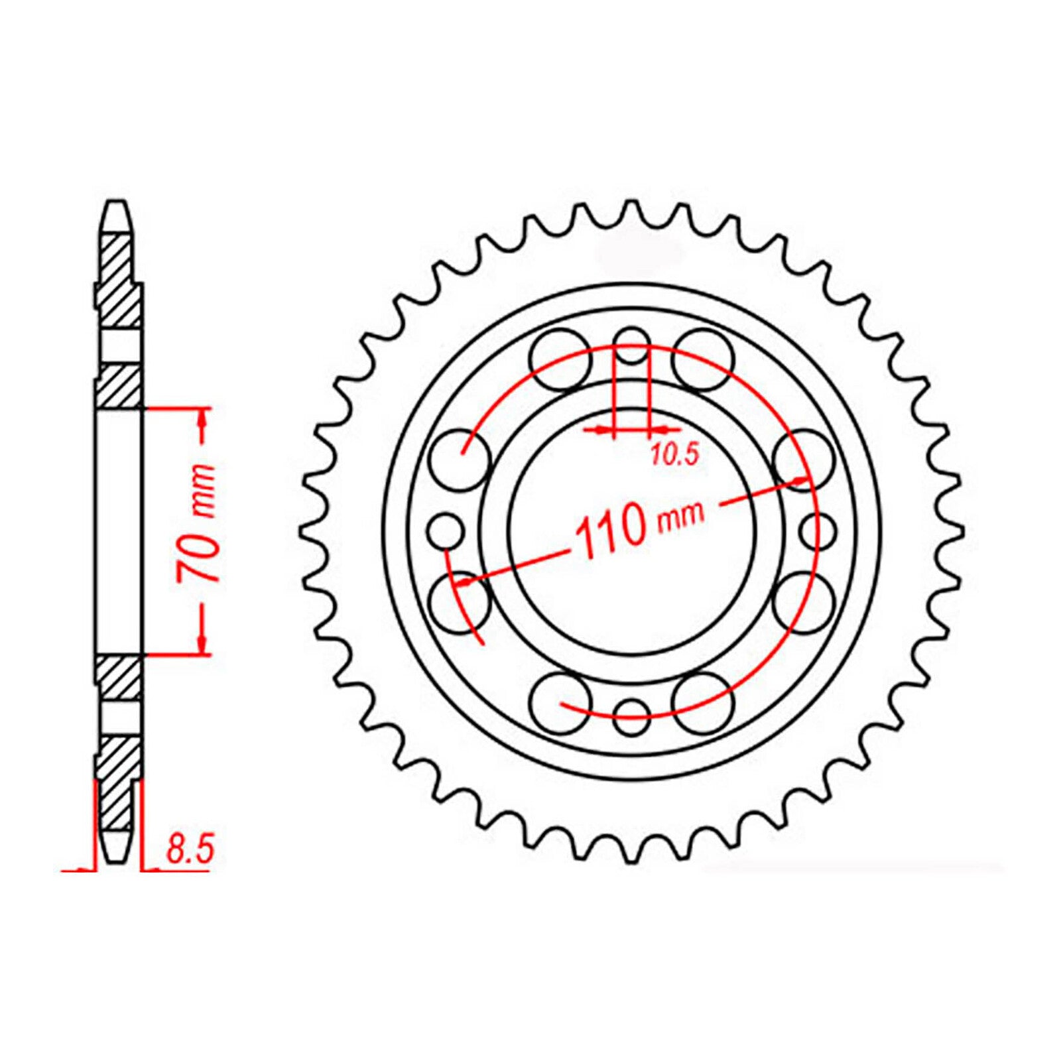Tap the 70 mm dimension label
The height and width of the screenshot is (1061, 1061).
coord(197,524)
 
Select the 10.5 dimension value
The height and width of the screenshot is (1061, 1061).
coord(674,455)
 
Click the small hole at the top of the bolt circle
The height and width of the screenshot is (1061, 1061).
coord(631,345)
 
